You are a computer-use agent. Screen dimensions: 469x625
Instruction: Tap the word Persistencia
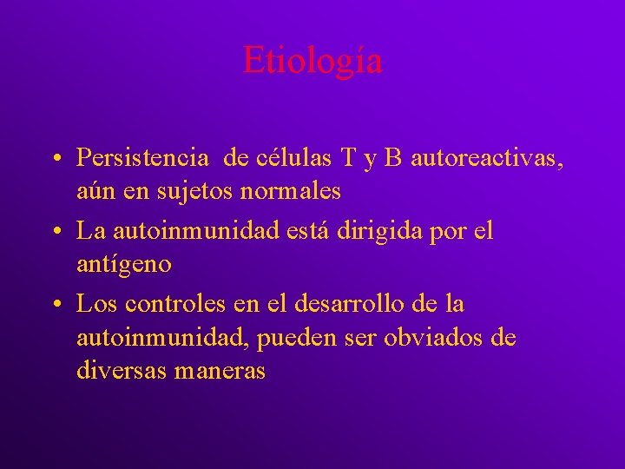point(142,158)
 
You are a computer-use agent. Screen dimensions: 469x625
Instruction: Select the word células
point(280,158)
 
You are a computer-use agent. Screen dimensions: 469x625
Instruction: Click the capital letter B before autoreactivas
point(393,158)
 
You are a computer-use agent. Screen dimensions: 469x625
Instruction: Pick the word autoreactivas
point(485,159)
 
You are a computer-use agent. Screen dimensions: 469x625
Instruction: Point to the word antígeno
point(124,263)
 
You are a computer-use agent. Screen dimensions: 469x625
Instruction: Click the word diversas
point(122,370)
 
